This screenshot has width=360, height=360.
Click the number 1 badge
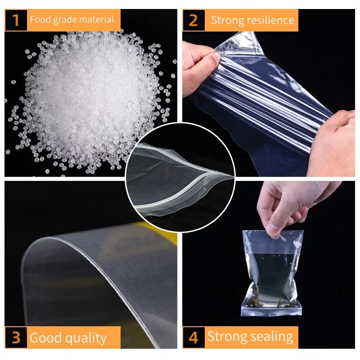16,20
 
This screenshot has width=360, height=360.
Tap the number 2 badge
193,20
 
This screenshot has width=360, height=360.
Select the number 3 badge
16,337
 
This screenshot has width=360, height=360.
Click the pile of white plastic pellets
90,99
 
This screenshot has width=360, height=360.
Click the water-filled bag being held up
270,274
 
